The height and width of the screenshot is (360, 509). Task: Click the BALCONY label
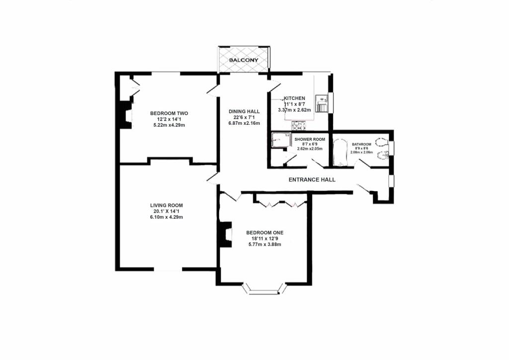pos(244,60)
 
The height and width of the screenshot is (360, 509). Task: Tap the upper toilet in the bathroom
pos(381,142)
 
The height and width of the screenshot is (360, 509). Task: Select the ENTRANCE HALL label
pos(312,180)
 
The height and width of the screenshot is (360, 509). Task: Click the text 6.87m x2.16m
pos(244,123)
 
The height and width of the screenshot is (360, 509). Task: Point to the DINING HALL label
pos(244,111)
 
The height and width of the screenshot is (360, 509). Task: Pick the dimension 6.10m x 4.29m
pos(167,217)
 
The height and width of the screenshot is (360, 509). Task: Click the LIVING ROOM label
pos(167,205)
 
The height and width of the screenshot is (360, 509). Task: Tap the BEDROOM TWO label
pos(169,113)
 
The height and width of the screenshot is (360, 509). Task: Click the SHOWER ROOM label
pos(310,139)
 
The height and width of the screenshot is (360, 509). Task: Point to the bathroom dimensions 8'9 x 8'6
pos(362,148)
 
